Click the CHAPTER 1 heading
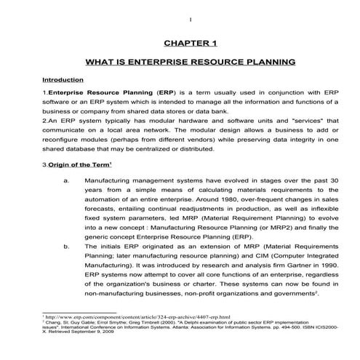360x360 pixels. [180, 43]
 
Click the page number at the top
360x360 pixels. [188, 20]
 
